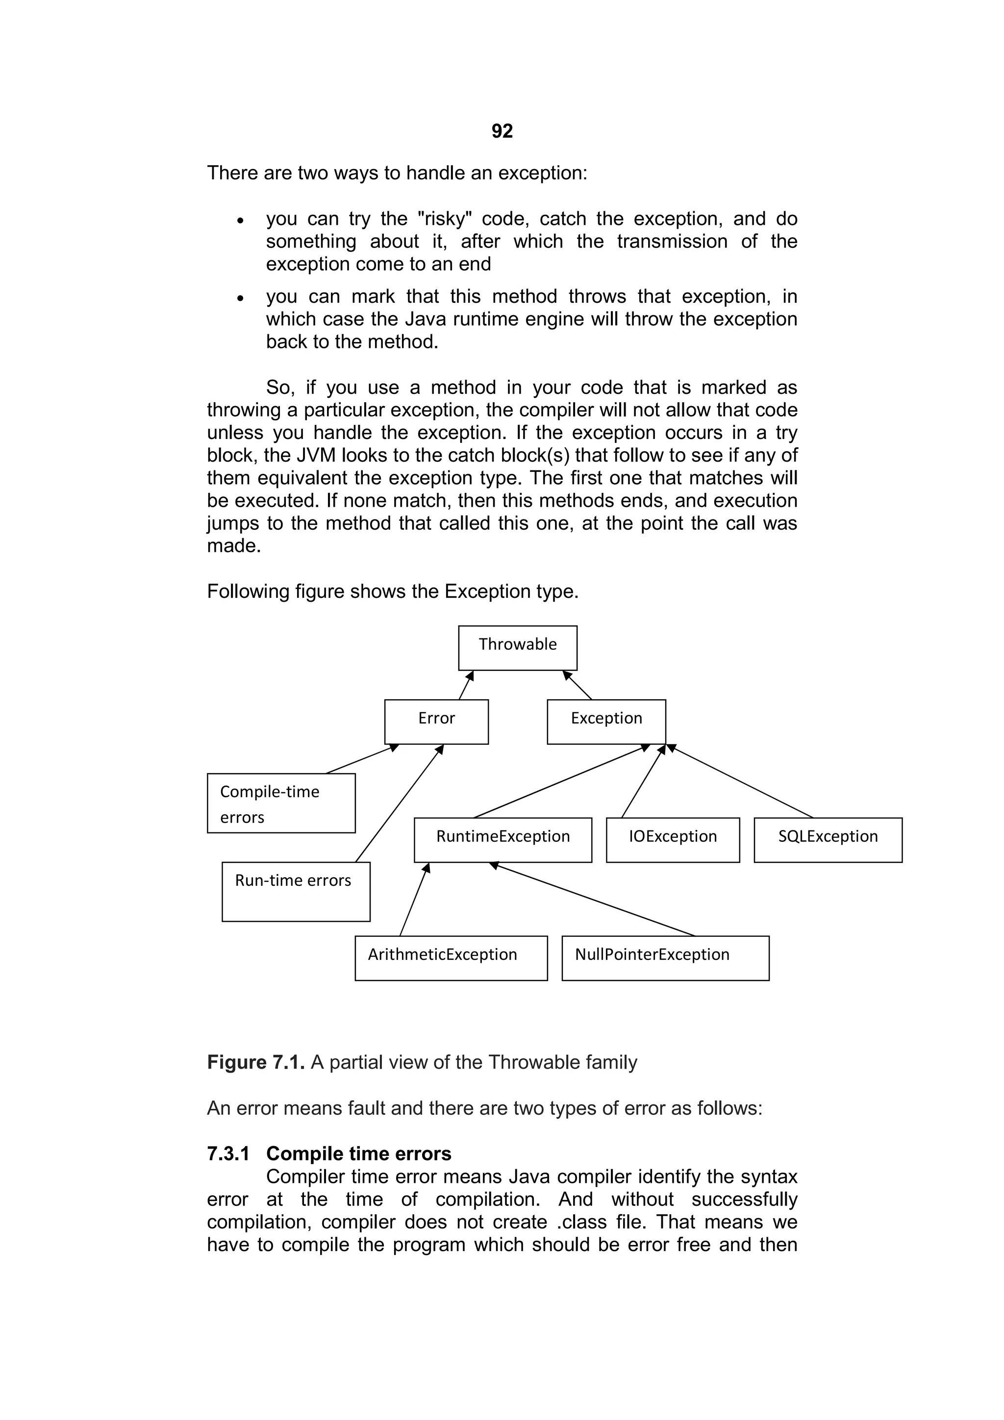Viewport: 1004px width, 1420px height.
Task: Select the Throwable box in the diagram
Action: [517, 648]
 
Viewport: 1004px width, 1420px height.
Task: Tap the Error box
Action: [436, 721]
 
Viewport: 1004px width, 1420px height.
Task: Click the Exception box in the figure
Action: [606, 721]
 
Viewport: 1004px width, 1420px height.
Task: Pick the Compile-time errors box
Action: [281, 803]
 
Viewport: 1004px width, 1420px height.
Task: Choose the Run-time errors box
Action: [296, 891]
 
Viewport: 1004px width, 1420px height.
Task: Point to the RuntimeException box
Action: [502, 839]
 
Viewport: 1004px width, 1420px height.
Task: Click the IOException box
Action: [673, 839]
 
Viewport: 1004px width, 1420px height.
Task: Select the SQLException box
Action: [828, 839]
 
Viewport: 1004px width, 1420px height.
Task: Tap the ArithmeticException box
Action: [451, 957]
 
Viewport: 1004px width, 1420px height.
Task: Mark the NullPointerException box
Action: [665, 957]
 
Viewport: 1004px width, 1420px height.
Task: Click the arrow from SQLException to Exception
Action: [740, 782]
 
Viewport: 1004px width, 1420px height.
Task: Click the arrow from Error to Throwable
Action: [466, 685]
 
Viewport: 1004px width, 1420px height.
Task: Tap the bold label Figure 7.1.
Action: [255, 1062]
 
